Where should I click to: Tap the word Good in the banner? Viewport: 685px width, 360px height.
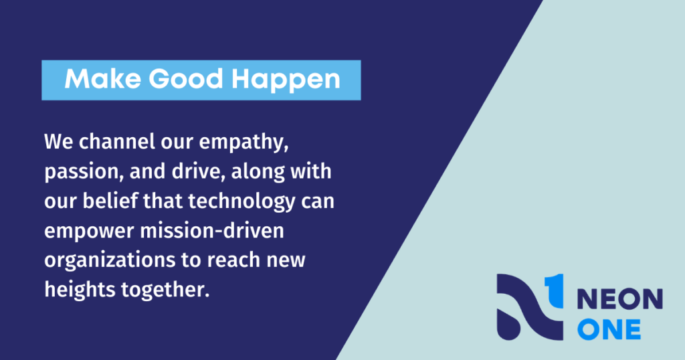[186, 79]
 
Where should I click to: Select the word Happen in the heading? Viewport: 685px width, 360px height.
[286, 80]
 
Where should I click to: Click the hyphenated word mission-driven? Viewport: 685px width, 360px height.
[212, 230]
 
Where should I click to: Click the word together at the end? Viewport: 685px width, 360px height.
[165, 290]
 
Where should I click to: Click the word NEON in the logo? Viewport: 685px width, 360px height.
[620, 299]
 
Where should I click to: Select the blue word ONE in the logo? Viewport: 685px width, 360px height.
[609, 329]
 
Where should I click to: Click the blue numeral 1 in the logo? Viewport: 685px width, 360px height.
[554, 290]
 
